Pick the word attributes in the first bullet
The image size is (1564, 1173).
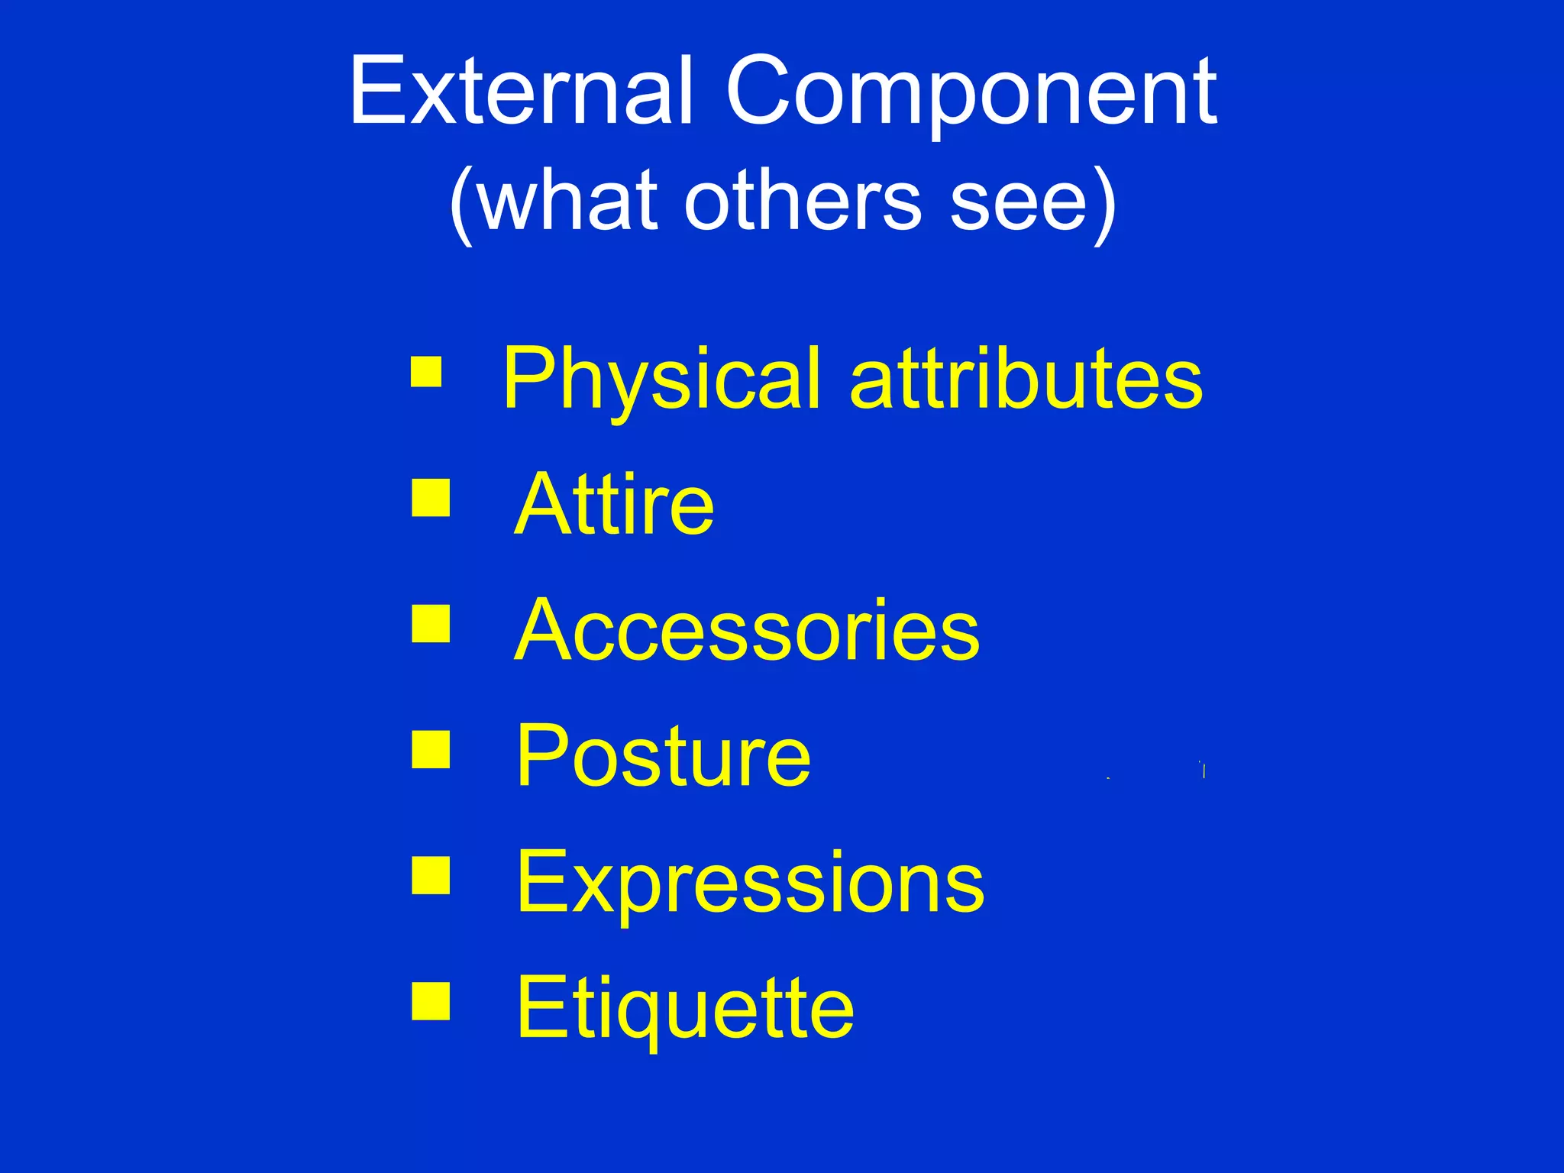pyautogui.click(x=1026, y=378)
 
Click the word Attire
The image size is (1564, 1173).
pyautogui.click(x=614, y=504)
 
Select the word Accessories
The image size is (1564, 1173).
pyautogui.click(x=747, y=630)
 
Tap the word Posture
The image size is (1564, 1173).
pyautogui.click(x=663, y=756)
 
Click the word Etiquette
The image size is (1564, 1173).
pyautogui.click(x=685, y=1008)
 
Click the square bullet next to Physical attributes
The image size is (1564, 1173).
pyautogui.click(x=426, y=372)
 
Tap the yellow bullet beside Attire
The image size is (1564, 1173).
pyautogui.click(x=430, y=498)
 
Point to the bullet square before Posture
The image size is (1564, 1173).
pyautogui.click(x=430, y=749)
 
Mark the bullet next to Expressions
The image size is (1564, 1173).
pyautogui.click(x=430, y=875)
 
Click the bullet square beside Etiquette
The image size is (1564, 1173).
pyautogui.click(x=430, y=1001)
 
